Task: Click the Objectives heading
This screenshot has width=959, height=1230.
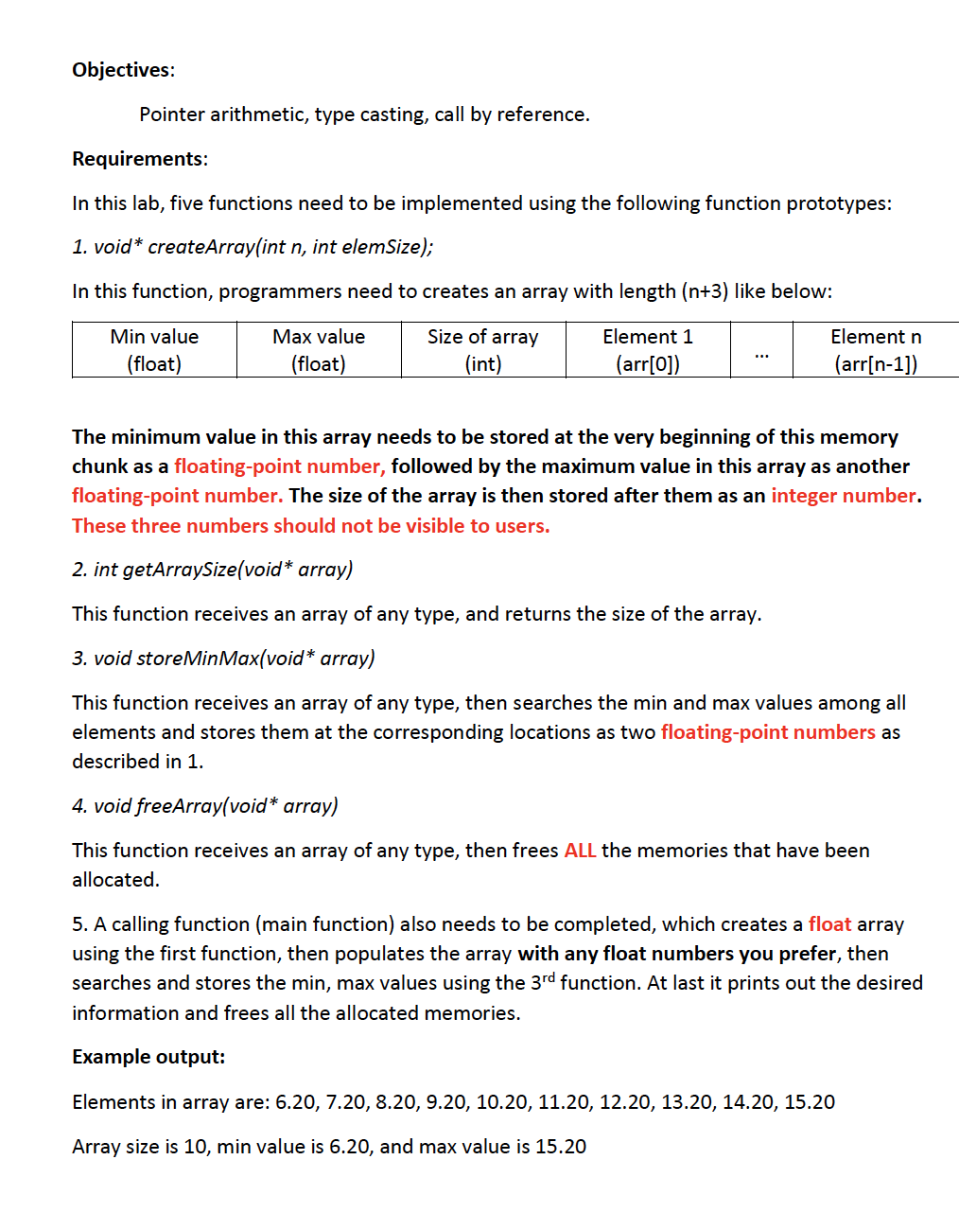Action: (123, 70)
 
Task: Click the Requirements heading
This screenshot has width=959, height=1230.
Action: (140, 159)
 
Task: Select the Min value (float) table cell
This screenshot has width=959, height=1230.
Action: (154, 350)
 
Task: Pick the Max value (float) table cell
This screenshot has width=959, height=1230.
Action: (319, 350)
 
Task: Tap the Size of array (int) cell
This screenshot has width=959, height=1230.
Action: (483, 350)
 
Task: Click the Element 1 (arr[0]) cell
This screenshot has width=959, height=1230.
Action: (648, 350)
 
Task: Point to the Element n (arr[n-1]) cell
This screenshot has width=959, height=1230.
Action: (875, 350)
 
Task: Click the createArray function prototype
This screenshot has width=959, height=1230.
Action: (253, 247)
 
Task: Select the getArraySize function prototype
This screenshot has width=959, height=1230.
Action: (213, 570)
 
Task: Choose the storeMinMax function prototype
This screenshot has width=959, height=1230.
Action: (223, 659)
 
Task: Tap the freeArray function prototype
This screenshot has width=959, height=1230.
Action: (205, 806)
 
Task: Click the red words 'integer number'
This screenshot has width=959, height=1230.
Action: (843, 496)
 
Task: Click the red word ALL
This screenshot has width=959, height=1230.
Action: (580, 851)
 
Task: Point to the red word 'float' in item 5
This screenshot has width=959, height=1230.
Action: (829, 924)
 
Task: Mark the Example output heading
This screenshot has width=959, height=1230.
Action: (148, 1057)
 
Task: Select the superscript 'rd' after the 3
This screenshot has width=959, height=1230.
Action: (549, 977)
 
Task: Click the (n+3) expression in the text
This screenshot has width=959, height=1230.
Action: (705, 291)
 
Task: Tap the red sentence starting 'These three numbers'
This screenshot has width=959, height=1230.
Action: (310, 526)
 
